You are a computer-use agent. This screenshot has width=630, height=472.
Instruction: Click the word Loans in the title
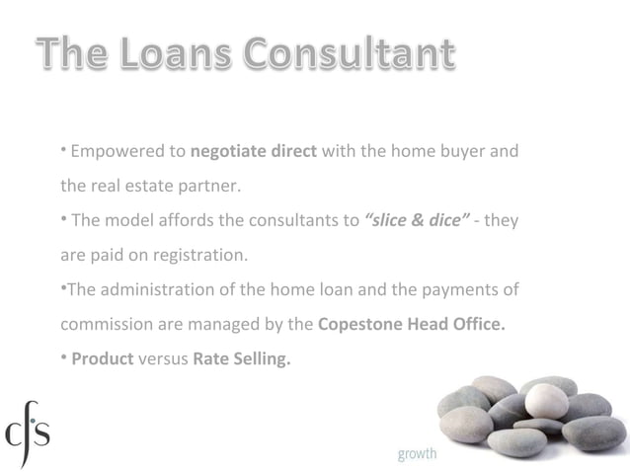point(179,55)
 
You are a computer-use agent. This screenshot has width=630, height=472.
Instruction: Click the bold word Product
point(102,357)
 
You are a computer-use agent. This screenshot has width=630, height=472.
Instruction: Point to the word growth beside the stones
point(418,454)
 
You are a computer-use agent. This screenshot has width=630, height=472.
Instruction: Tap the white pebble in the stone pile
point(546,400)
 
